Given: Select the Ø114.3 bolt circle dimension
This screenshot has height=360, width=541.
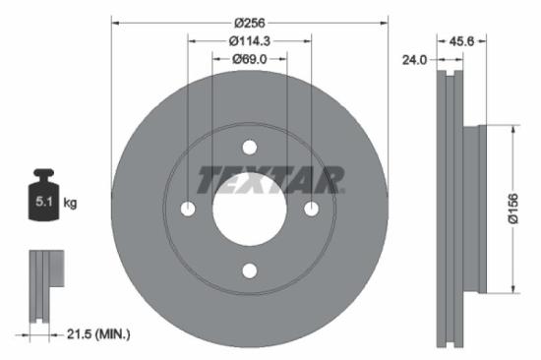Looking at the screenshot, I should [249, 41].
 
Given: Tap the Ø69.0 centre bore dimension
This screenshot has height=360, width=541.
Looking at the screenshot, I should [249, 60].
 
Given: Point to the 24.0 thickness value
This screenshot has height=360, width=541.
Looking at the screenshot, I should [414, 60].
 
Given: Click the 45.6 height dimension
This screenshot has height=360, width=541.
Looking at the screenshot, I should [463, 42].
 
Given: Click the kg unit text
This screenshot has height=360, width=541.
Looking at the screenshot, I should [71, 204].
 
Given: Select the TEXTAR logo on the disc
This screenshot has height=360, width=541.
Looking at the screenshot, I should [270, 180].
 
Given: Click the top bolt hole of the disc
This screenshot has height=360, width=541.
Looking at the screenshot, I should [249, 148].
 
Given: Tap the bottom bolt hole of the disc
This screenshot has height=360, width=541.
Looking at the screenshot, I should [249, 270].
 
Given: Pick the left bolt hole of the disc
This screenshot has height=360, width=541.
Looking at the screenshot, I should [188, 209].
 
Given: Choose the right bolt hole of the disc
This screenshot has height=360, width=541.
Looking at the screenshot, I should [311, 209].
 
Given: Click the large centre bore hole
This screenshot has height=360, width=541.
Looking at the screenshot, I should [249, 210].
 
